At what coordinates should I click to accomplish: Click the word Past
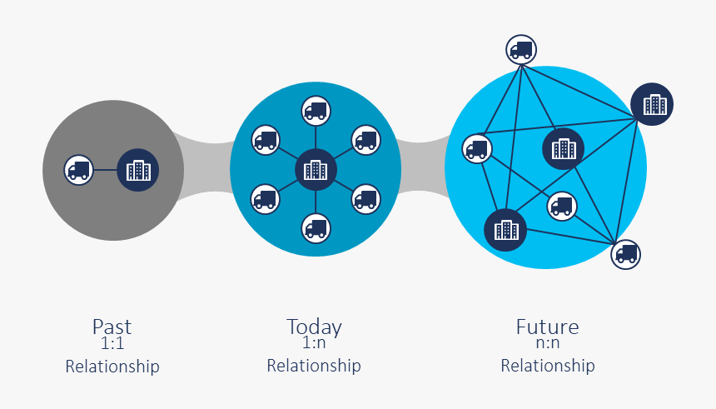point(112,327)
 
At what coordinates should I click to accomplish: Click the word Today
point(314,327)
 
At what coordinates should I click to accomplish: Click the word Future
point(547,327)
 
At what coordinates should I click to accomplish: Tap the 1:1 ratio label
point(112,342)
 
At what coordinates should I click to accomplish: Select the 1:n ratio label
point(314,342)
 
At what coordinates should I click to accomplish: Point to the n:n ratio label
point(547,342)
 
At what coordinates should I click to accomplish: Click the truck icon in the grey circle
point(79,170)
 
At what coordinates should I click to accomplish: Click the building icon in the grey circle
point(137,170)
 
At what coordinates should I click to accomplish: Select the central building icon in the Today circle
point(316,170)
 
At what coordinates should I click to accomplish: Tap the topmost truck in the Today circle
point(316,111)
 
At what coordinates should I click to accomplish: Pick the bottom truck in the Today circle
point(316,227)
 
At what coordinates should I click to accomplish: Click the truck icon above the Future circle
point(521,49)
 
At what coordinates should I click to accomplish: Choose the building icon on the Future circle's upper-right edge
point(652,104)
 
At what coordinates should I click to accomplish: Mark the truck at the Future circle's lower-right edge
point(626,253)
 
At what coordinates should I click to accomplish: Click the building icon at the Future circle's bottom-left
point(505,229)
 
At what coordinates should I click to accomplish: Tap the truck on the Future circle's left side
point(477,148)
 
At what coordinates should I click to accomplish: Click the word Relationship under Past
point(112,367)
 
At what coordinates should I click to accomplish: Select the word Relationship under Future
point(547,366)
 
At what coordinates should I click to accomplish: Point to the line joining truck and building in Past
point(105,170)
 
